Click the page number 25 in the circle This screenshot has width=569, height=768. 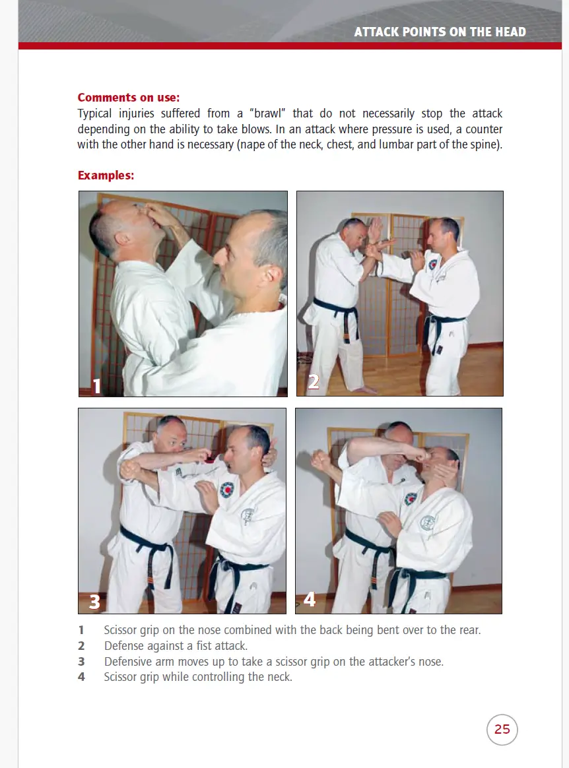(x=502, y=729)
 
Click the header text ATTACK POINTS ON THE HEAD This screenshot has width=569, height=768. (x=440, y=32)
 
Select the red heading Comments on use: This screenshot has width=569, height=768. (x=128, y=98)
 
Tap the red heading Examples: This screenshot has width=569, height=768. (x=106, y=176)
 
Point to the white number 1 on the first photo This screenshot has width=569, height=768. (x=97, y=385)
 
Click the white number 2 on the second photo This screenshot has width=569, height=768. (x=314, y=381)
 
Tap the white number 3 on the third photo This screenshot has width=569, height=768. (x=95, y=601)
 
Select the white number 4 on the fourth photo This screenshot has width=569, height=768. (x=310, y=599)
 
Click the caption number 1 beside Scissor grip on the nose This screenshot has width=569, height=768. (x=81, y=630)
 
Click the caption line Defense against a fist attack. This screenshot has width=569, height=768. (x=176, y=646)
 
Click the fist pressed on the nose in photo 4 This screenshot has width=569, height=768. (x=419, y=455)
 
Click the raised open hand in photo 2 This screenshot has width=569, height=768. (x=374, y=232)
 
